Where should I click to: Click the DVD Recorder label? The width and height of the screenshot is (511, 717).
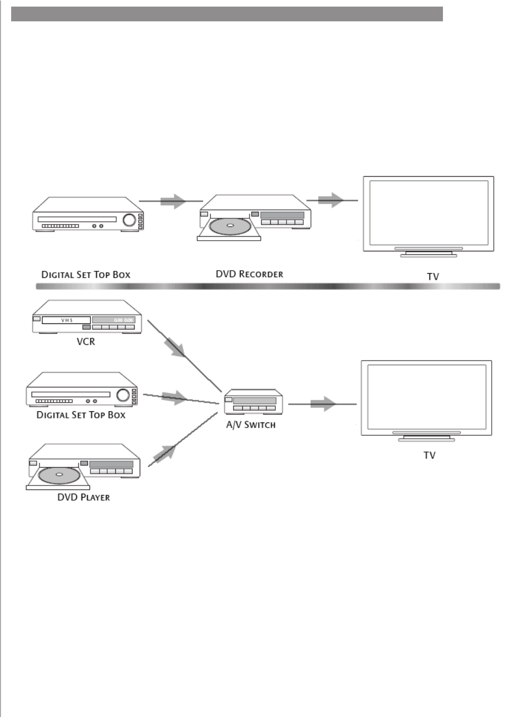(x=249, y=274)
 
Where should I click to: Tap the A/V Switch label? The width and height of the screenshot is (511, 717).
(x=251, y=425)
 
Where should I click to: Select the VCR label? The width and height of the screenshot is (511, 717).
(x=86, y=342)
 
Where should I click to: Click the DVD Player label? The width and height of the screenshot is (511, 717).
(x=83, y=497)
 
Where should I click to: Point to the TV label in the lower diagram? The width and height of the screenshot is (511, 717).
(x=429, y=455)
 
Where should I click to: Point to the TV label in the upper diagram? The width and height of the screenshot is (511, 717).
(x=433, y=277)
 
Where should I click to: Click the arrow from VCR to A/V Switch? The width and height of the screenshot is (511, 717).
(x=176, y=347)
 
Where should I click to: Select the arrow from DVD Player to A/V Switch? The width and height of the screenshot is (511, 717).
(x=166, y=451)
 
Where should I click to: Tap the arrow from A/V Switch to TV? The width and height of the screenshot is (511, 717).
(x=324, y=404)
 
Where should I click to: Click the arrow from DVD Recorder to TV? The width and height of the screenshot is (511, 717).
(x=331, y=200)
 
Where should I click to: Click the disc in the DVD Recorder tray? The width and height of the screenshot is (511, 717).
(x=230, y=226)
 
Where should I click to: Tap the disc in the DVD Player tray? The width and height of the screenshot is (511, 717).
(x=59, y=475)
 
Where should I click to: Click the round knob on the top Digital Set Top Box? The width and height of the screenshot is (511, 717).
(x=130, y=219)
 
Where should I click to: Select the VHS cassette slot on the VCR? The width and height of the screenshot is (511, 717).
(x=66, y=320)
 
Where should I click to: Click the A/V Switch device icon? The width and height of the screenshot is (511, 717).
(x=253, y=402)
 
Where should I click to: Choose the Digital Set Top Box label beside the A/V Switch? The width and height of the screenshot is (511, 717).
(x=81, y=415)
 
